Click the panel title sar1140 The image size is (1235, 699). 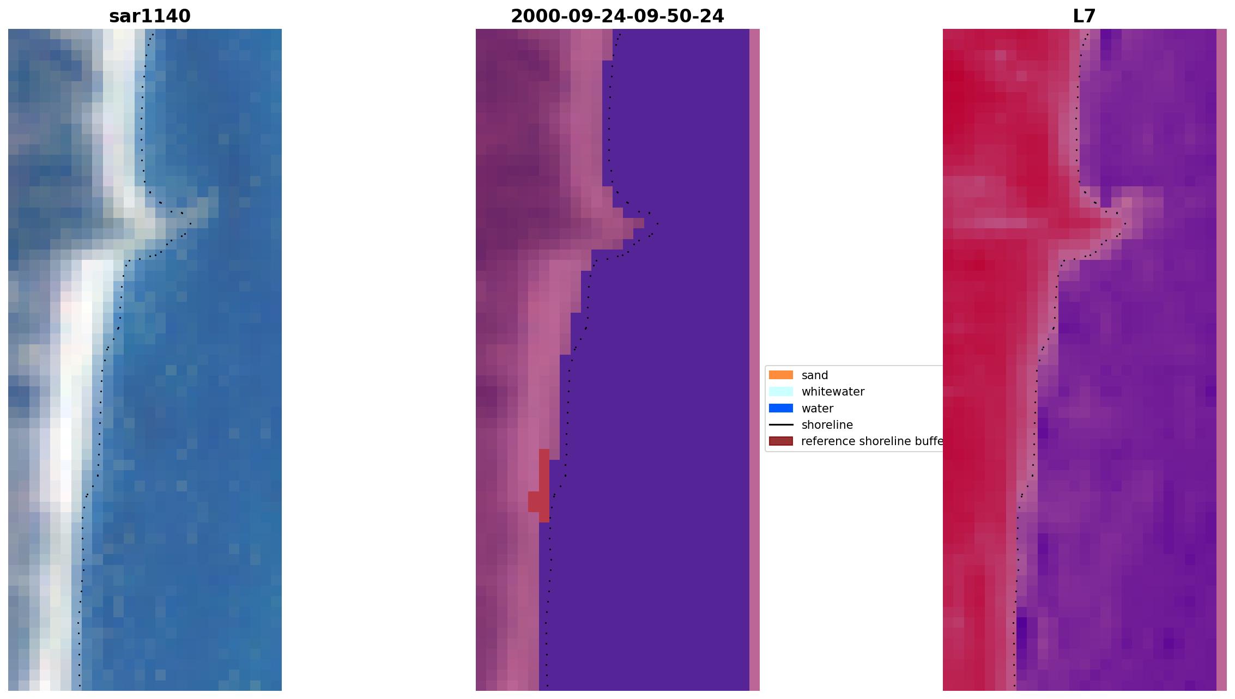[x=150, y=16]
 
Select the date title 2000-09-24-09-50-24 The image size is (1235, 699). [x=617, y=16]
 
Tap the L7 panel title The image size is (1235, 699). [x=1083, y=16]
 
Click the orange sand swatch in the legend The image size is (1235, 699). [x=780, y=375]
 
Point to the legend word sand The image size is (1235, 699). [x=814, y=375]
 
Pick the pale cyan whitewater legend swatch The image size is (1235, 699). [x=780, y=391]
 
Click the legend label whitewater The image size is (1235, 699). [x=832, y=392]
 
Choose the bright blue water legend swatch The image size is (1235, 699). [x=780, y=408]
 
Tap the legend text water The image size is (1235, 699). [x=817, y=409]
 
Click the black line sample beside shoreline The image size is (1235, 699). [x=780, y=424]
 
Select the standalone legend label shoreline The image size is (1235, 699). [x=827, y=425]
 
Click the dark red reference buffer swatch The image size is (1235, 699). [x=780, y=441]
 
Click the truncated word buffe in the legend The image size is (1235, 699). [x=929, y=441]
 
